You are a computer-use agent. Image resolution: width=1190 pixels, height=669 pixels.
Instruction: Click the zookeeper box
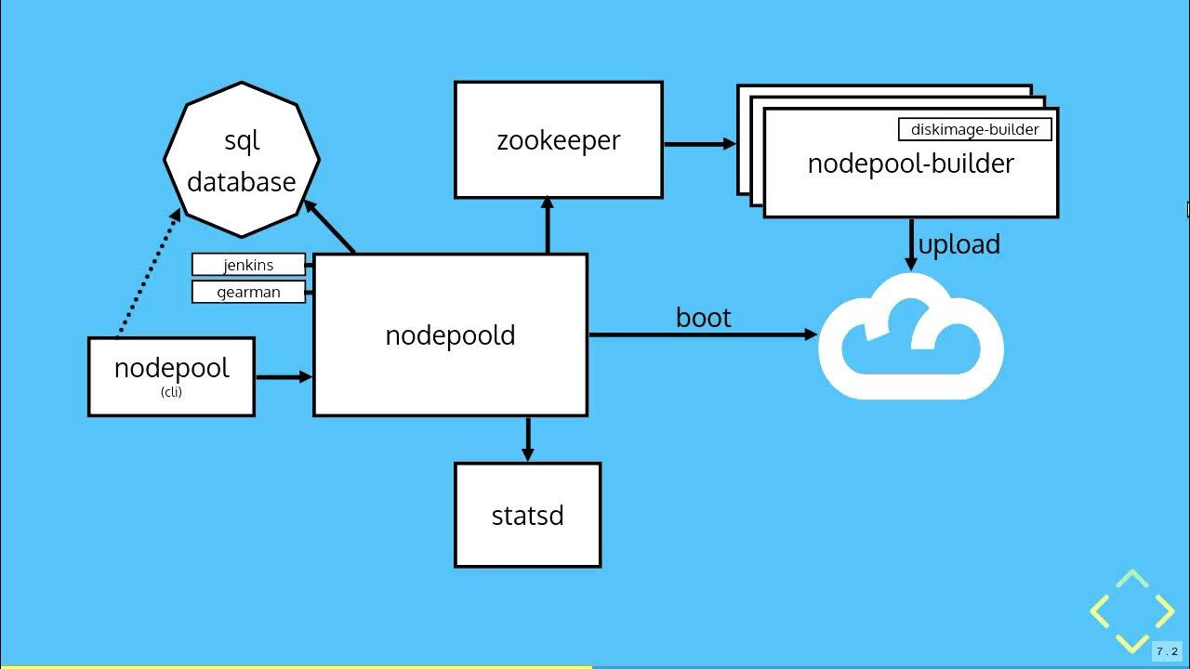pos(558,139)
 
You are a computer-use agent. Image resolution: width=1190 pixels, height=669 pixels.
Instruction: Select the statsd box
pos(527,515)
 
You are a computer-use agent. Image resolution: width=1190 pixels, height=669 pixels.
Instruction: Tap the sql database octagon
pos(242,160)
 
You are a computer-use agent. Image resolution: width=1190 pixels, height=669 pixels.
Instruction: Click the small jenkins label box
pos(248,265)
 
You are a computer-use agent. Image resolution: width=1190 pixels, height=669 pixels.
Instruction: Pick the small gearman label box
pos(248,292)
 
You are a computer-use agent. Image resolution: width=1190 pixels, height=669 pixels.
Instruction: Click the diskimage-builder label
pos(974,129)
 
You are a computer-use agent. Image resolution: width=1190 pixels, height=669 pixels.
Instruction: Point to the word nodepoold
pos(450,335)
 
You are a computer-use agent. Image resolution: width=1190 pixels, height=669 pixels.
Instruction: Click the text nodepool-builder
pos(910,164)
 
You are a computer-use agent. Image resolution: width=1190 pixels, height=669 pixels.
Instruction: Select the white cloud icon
pos(911,339)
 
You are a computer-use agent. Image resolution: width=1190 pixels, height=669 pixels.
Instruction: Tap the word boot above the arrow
pos(704,318)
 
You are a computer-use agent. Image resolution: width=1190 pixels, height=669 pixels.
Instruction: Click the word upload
pos(959,244)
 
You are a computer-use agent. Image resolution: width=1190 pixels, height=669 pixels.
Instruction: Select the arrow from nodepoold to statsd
pos(528,439)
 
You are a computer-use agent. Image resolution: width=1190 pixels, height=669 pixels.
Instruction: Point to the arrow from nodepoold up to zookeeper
pos(548,226)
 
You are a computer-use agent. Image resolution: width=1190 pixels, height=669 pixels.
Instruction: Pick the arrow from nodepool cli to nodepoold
pos(284,376)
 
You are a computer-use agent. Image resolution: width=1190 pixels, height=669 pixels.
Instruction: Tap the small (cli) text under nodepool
pos(171,392)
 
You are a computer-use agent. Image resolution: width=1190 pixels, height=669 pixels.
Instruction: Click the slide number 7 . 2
pos(1167,651)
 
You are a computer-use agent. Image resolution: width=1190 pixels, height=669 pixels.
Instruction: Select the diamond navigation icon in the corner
pos(1131,611)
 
